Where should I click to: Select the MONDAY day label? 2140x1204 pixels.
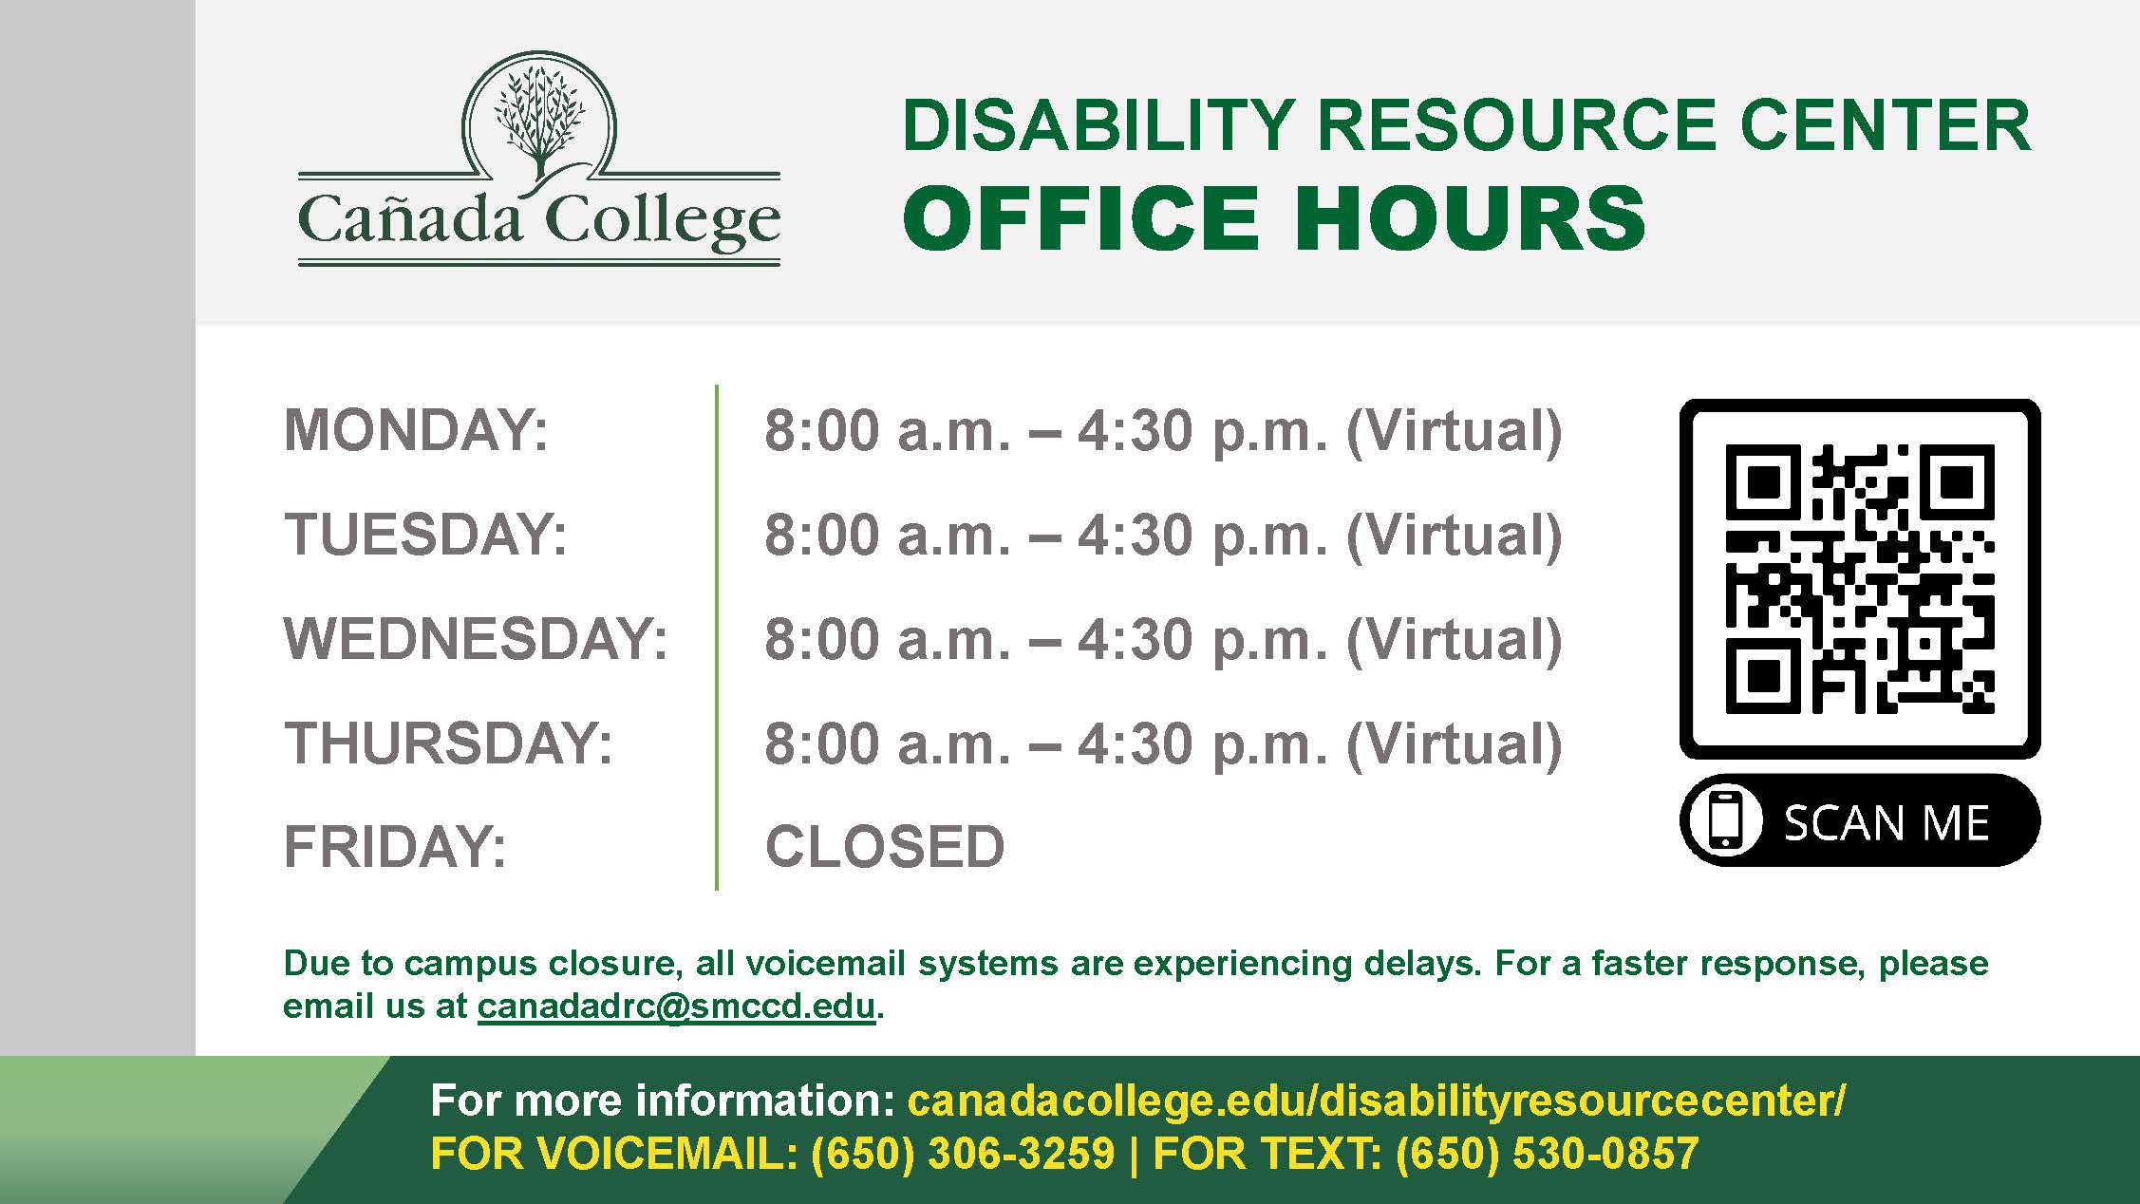[x=416, y=430]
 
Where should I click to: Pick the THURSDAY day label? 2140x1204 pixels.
[x=448, y=743]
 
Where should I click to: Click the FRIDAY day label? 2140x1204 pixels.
[x=395, y=846]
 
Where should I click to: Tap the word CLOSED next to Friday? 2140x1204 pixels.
[x=885, y=846]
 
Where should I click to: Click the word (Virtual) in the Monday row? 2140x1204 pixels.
[x=1454, y=432]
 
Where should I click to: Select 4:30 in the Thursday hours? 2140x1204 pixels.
[x=1135, y=743]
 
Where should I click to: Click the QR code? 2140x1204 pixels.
[x=1860, y=579]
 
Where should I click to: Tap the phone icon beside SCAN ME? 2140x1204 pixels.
[x=1726, y=820]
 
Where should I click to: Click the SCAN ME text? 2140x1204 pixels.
[x=1887, y=822]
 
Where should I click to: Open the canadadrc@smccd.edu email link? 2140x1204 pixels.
[x=676, y=1006]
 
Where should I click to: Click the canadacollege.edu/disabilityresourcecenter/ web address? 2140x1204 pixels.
[x=1377, y=1101]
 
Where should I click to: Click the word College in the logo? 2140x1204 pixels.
[x=663, y=220]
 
